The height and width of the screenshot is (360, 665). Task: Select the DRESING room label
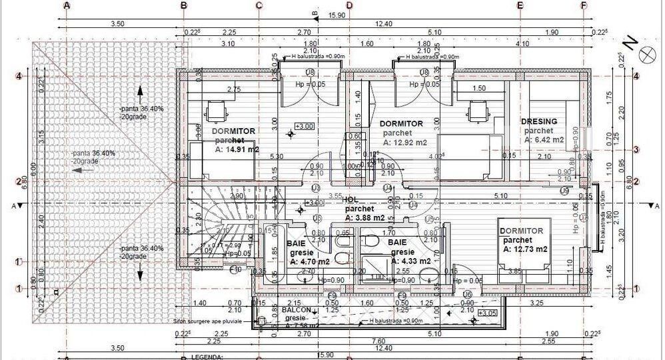coord(543,121)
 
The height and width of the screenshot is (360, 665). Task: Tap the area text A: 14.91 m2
coord(235,149)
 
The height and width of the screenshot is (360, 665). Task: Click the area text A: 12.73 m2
coord(526,249)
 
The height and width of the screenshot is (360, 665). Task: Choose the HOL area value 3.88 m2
coord(365,217)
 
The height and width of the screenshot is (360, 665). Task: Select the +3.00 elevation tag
coord(305,126)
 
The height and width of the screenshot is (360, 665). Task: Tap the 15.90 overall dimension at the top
coord(336,15)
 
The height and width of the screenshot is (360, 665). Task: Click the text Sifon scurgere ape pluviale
coord(211,321)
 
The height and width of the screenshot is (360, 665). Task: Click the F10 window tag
coord(235,270)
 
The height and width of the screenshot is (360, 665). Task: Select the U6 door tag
coord(468,294)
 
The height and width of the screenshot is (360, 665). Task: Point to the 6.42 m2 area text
coord(544,140)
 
